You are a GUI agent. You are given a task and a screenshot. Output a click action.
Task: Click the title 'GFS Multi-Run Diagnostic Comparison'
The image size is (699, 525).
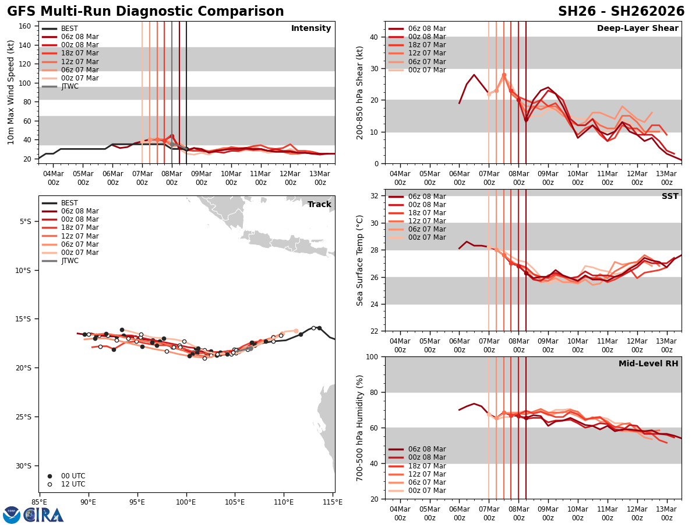146,12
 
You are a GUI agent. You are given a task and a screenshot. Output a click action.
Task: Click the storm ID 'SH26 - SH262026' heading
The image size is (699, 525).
621,12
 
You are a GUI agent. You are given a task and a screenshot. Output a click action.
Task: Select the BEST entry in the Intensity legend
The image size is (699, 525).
69,29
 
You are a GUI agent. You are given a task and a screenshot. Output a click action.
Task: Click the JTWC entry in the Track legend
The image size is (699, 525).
69,261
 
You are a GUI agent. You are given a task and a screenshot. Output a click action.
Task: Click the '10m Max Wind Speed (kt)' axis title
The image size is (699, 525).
11,92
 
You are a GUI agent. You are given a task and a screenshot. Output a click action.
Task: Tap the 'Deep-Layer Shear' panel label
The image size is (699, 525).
637,29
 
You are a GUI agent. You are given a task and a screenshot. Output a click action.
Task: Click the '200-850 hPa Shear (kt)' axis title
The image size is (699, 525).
360,92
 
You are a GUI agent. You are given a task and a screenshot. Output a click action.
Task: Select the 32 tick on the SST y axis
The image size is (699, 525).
375,196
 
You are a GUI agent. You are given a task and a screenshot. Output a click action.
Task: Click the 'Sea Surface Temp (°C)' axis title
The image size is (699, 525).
360,260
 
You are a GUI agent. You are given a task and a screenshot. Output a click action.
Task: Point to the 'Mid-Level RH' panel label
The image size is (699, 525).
648,364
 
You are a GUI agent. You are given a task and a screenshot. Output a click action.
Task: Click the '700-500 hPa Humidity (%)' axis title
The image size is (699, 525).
360,428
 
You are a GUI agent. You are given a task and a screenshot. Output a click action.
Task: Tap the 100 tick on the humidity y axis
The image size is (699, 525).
373,357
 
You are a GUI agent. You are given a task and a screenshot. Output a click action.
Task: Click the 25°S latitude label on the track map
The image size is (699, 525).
26,416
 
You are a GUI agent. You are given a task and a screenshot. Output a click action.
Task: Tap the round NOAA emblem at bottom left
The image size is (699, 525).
12,515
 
